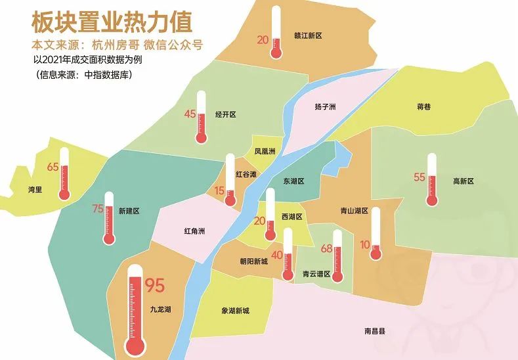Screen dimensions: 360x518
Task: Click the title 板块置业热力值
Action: point(112,22)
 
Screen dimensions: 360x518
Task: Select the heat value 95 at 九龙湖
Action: point(154,286)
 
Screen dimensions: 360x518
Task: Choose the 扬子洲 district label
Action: point(325,106)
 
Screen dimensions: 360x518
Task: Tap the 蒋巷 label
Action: point(424,106)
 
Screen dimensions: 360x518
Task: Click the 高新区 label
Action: point(463,181)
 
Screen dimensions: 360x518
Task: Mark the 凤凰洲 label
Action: point(265,152)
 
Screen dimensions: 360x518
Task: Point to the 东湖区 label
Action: point(293,181)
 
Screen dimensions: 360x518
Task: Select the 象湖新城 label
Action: point(234,311)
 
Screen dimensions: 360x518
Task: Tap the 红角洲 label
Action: point(195,231)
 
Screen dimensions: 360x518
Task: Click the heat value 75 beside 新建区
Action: point(98,209)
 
